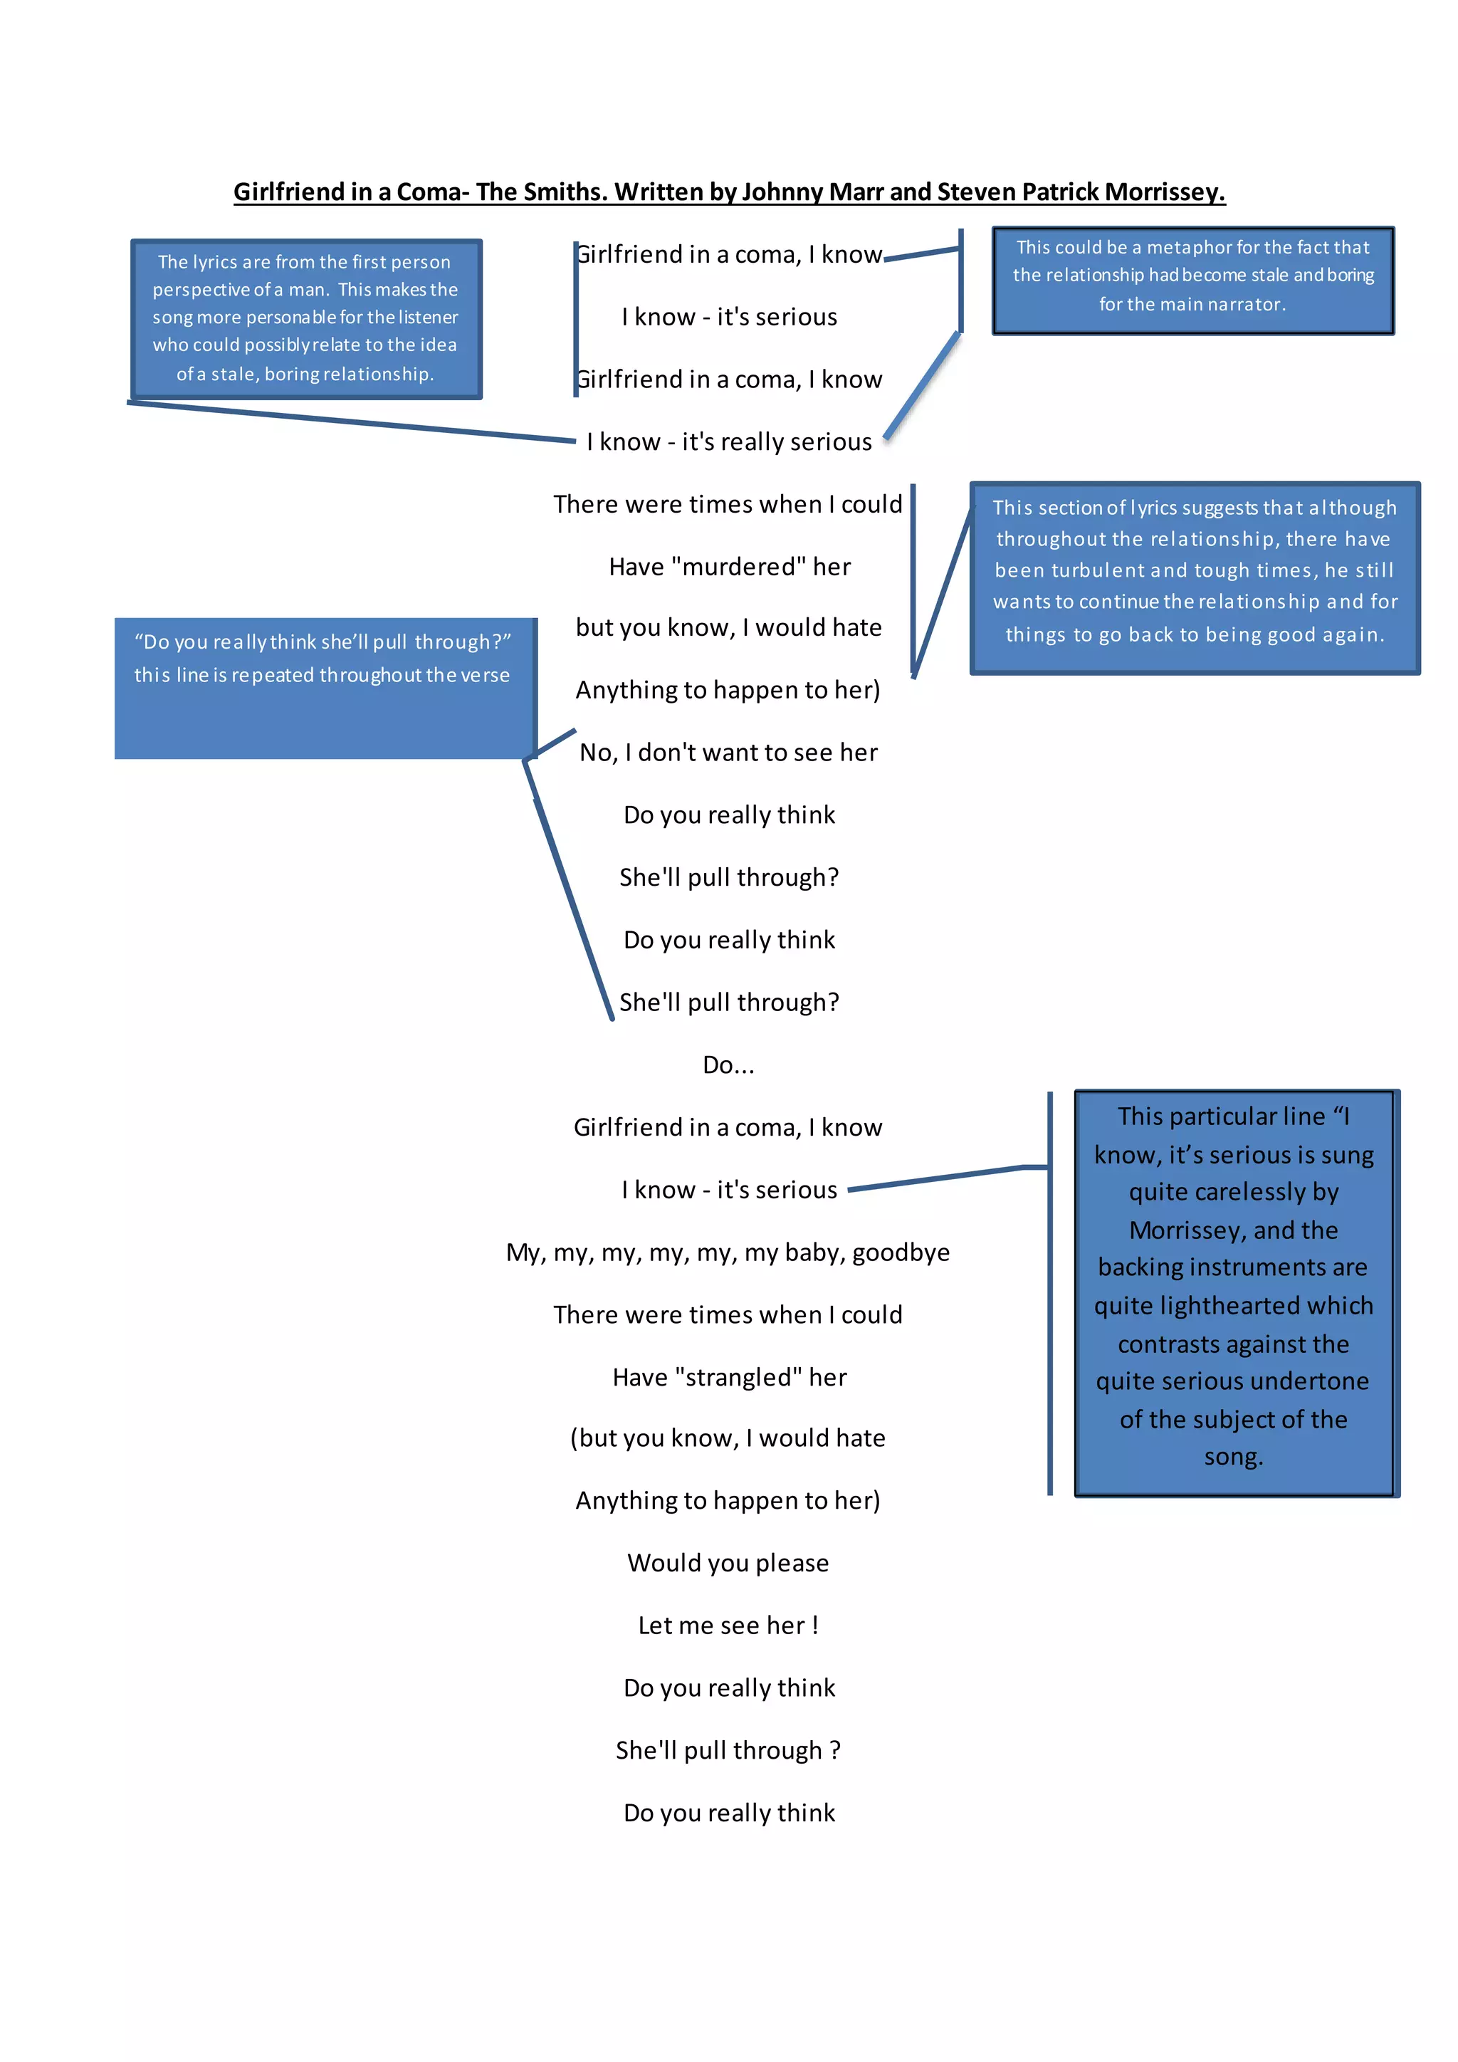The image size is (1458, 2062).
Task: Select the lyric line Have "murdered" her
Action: pos(729,567)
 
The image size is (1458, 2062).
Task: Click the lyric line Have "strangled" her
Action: pos(729,1377)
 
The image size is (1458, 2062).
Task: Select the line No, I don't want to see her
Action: pos(728,753)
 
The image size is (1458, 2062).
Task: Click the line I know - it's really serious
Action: pos(729,442)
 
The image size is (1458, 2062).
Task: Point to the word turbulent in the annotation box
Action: pos(1098,570)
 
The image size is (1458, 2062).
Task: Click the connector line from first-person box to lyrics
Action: pos(350,422)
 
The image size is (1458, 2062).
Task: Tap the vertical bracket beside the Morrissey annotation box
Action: pos(1049,1293)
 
